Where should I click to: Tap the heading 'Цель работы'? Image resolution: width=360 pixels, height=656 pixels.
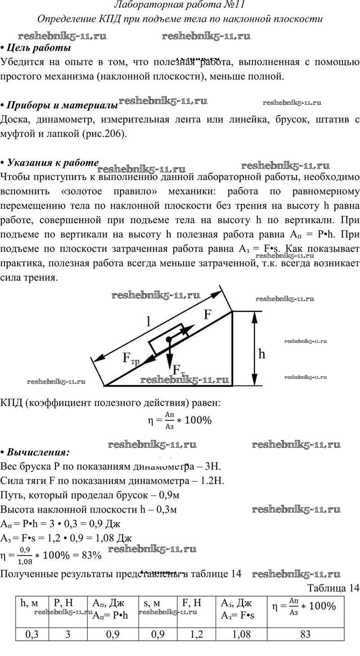click(x=39, y=48)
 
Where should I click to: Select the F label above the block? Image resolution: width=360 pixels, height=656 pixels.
click(x=207, y=314)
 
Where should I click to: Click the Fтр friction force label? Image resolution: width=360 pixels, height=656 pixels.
click(x=131, y=359)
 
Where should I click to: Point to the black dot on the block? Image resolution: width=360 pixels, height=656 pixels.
click(x=168, y=339)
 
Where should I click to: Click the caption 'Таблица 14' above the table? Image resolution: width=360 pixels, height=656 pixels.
click(x=333, y=588)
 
